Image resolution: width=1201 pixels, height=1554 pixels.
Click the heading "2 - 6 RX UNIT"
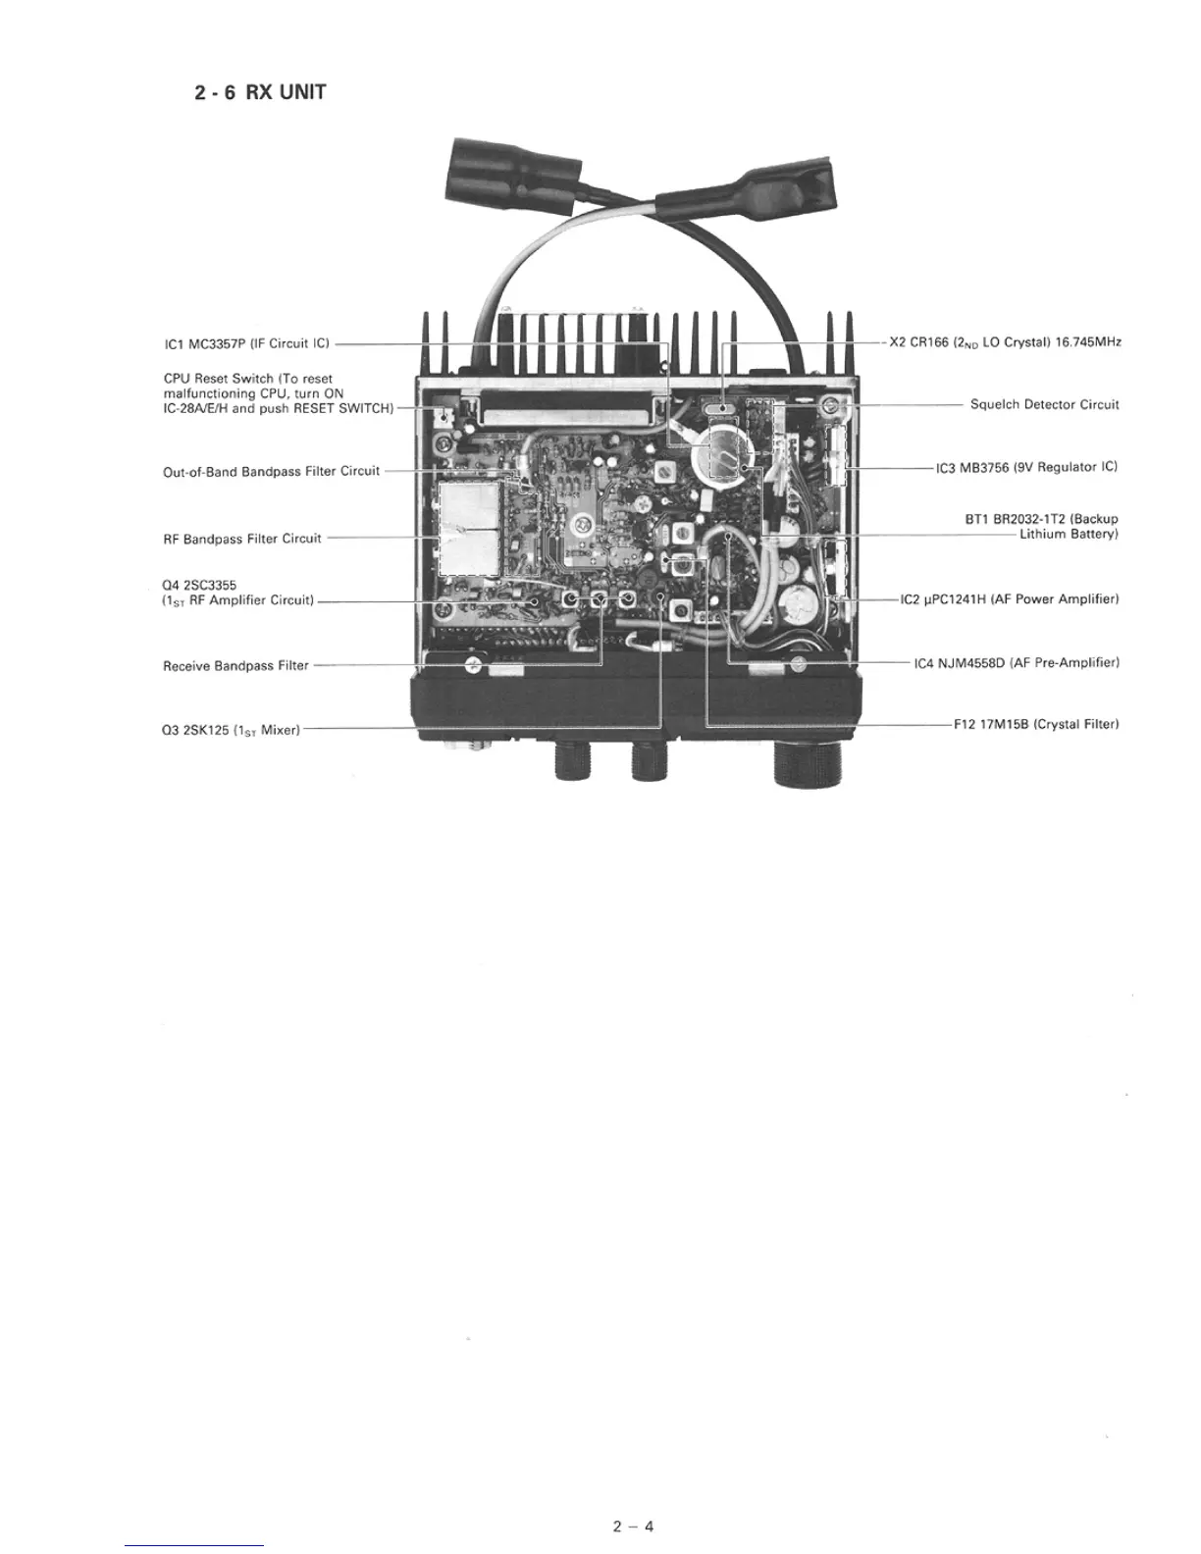point(260,93)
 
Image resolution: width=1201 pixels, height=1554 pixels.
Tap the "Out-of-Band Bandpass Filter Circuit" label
point(271,472)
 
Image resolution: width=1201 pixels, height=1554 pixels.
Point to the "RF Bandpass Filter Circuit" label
point(242,539)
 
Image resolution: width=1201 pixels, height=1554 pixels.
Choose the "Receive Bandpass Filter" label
point(235,666)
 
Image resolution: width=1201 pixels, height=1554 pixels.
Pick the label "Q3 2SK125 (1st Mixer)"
point(231,730)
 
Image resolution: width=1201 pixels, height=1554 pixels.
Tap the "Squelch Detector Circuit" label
point(1044,404)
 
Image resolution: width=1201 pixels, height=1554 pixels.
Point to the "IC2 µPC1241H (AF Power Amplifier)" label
point(1010,598)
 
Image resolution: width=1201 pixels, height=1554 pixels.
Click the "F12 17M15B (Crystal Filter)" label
point(1036,725)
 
